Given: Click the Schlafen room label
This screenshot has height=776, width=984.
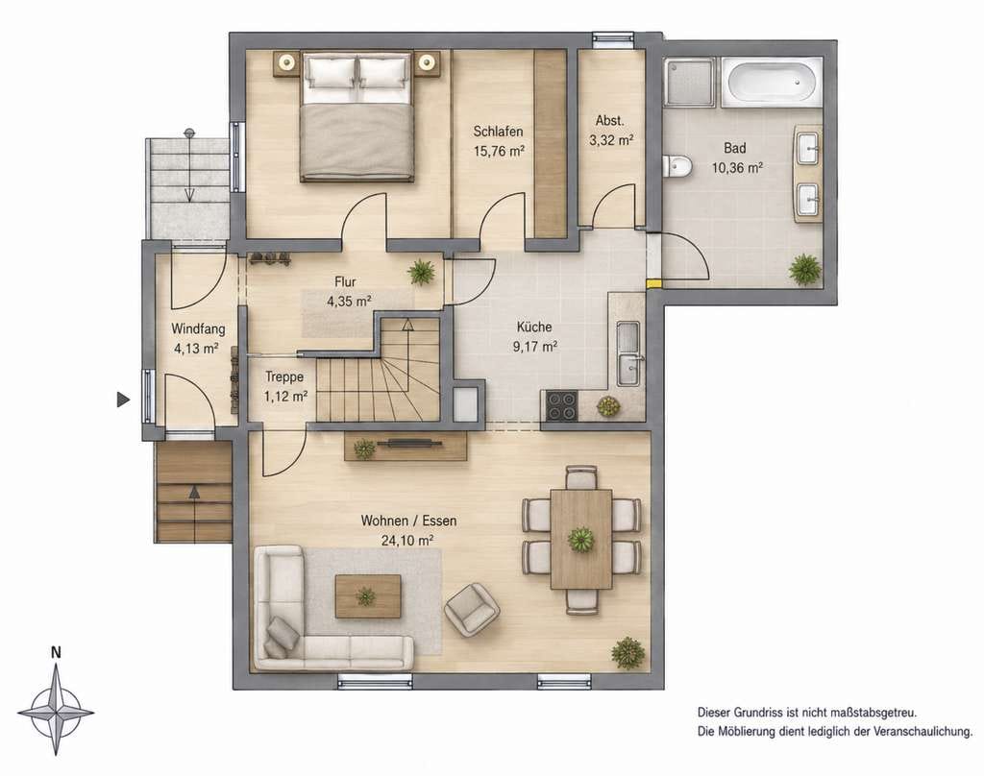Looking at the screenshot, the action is (x=499, y=132).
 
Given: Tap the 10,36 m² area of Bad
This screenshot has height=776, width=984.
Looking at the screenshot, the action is (x=737, y=167).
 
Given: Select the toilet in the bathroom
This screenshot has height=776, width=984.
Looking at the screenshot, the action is (x=677, y=166).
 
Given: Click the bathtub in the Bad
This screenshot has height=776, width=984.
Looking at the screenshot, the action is (x=772, y=83).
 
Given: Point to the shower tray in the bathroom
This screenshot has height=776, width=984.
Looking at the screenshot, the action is (x=690, y=83).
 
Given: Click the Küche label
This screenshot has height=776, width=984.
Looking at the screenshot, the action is (x=534, y=327).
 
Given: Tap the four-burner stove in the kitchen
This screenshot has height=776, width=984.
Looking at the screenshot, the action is (x=561, y=404).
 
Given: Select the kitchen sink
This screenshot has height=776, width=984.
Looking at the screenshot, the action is (x=628, y=353).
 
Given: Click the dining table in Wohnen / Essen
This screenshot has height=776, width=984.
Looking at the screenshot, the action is (x=581, y=540).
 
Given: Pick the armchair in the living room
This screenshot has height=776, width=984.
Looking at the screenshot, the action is (x=471, y=609).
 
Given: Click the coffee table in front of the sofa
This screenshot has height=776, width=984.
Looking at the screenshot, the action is (x=368, y=596).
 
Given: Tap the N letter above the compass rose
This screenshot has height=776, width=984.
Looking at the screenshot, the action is (x=56, y=652).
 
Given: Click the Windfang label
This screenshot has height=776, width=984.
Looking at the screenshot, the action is (x=198, y=328).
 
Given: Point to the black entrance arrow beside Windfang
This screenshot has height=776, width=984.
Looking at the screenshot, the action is (x=123, y=399).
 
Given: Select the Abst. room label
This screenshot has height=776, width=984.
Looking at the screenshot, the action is (x=610, y=121).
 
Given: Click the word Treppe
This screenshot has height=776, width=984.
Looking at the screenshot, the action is (x=284, y=377).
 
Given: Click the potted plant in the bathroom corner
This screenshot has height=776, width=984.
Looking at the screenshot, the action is (x=805, y=269).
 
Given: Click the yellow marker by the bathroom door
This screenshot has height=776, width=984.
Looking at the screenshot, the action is (x=653, y=283).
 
